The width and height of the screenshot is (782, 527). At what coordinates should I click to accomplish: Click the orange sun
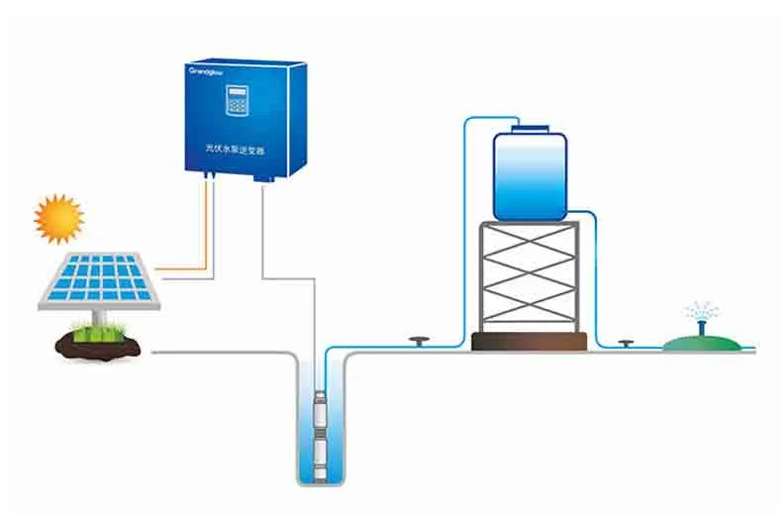coord(58,218)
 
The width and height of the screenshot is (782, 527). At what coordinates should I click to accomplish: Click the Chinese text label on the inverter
coord(229,148)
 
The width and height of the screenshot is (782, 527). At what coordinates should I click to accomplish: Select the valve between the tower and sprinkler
coord(625,343)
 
